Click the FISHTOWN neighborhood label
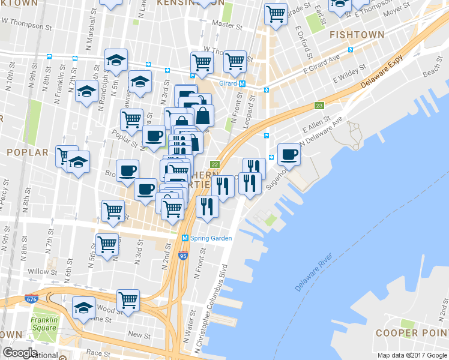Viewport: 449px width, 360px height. [357, 35]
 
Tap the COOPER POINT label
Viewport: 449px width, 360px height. [412, 333]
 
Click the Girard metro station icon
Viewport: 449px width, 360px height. [242, 84]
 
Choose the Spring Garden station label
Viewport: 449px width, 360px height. [211, 238]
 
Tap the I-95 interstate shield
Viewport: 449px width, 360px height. [183, 255]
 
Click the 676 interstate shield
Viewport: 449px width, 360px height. [31, 299]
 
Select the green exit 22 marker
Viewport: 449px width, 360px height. [214, 164]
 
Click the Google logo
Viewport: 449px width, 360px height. [20, 353]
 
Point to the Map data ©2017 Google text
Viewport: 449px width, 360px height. [412, 356]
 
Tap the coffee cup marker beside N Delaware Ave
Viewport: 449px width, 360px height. [289, 155]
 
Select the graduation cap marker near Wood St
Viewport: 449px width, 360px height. [83, 308]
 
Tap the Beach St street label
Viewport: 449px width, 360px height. [431, 71]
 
